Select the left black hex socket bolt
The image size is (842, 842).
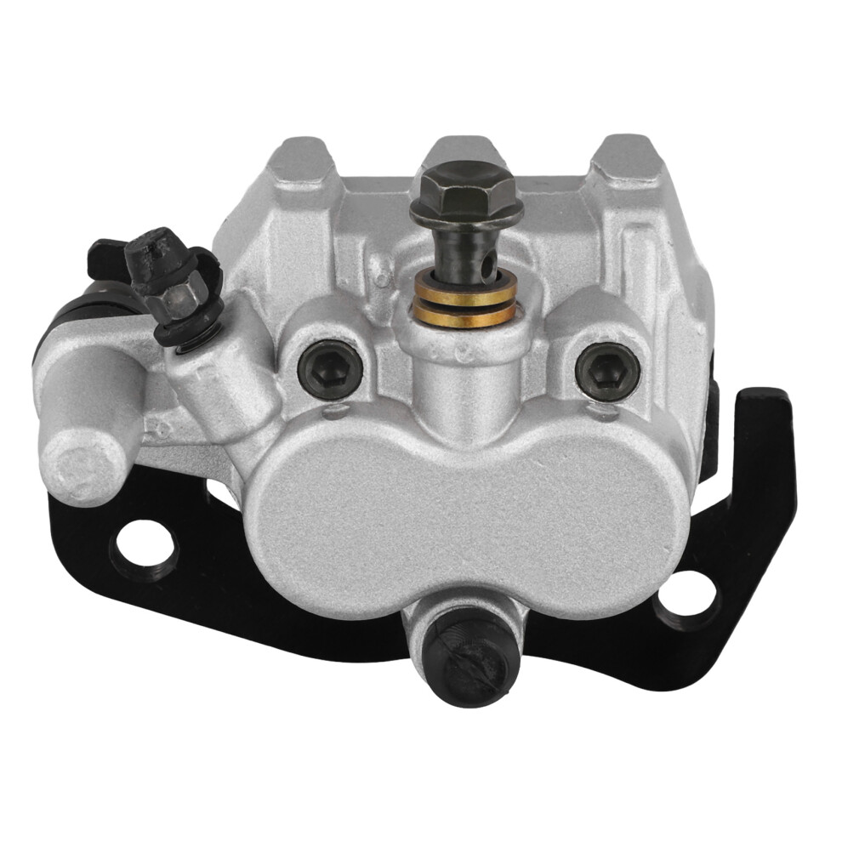coord(330,367)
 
